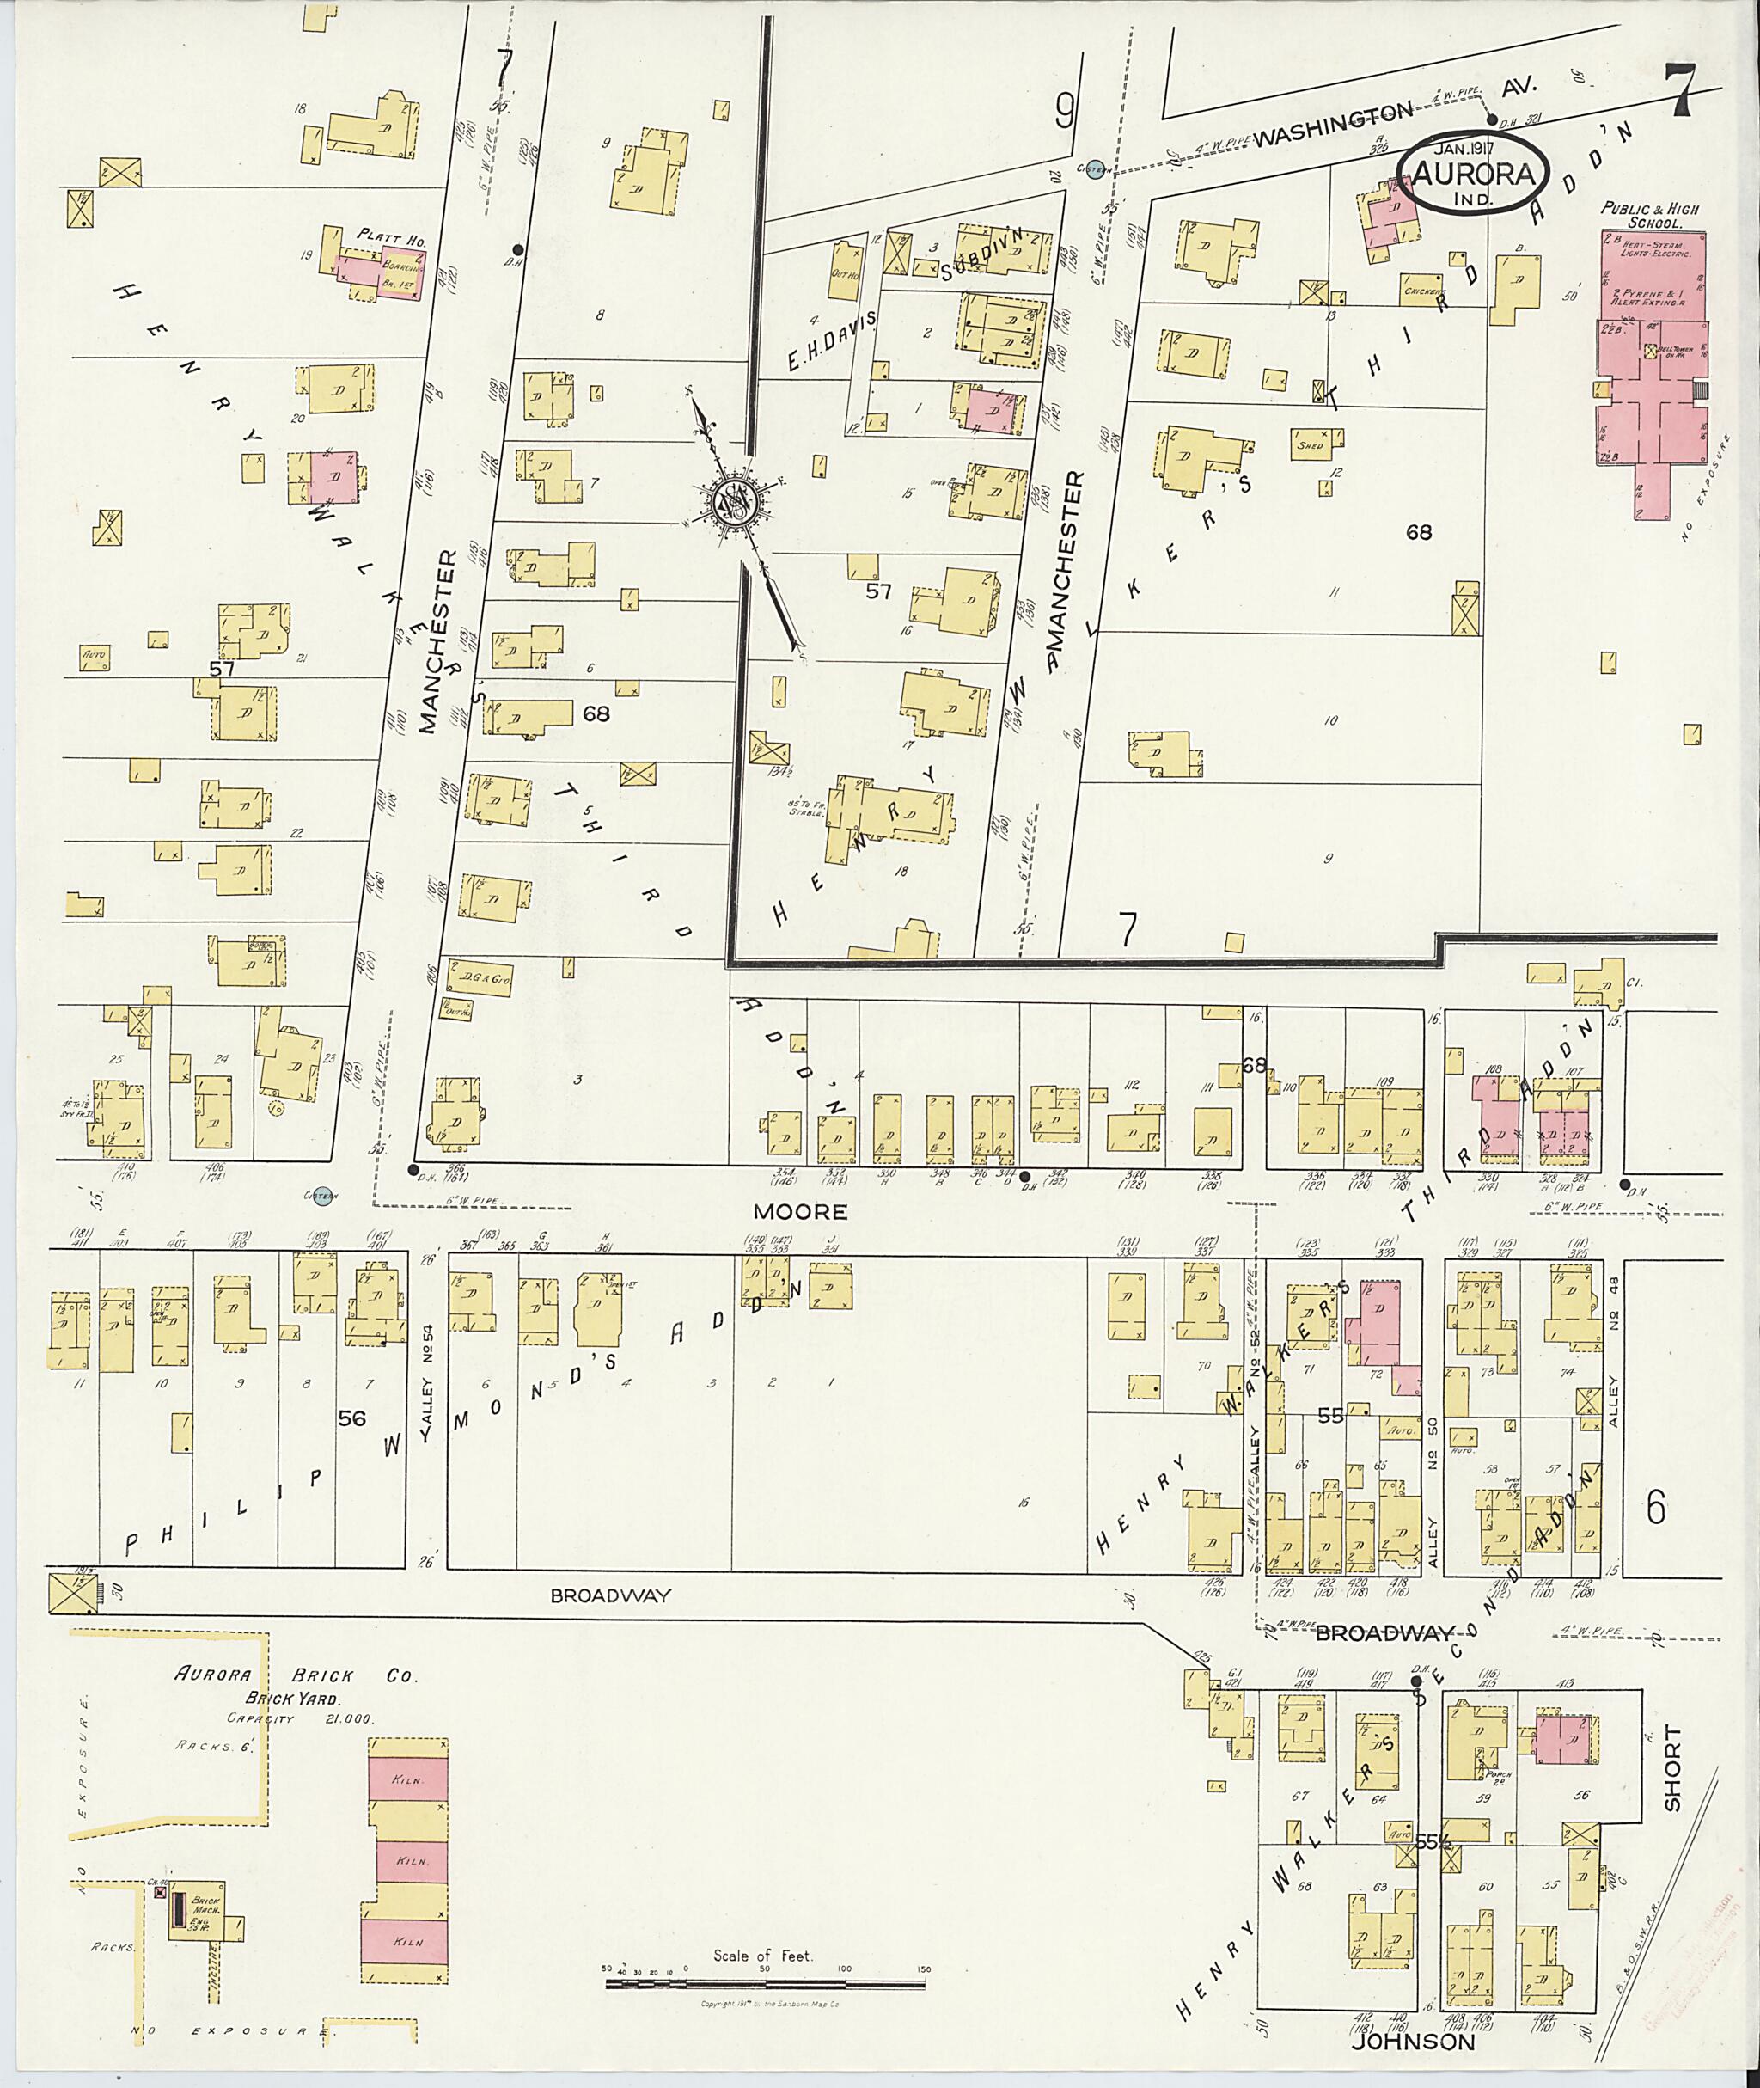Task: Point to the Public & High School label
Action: (x=1649, y=216)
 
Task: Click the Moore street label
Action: (x=800, y=1212)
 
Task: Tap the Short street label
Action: (x=1672, y=1783)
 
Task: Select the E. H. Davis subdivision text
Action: (x=830, y=341)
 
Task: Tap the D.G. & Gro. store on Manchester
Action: (x=479, y=981)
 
